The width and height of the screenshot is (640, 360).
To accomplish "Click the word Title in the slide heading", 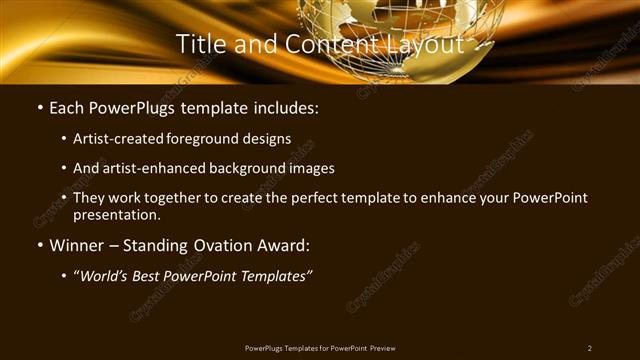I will coord(200,44).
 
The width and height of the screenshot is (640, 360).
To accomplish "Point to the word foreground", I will coord(207,139).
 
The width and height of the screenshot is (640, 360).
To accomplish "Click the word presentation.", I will coord(117,214).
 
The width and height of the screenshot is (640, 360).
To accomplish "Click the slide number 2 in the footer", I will coord(590,347).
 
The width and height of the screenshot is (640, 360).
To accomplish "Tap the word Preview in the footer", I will coord(389,347).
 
